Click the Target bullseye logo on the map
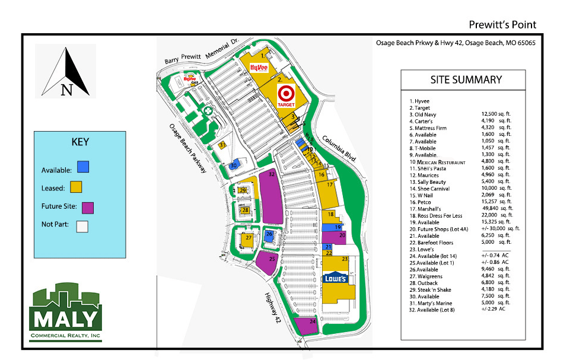coord(286,94)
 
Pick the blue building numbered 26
coord(270,234)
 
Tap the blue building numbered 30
coord(235,165)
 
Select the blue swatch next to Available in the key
coord(83,167)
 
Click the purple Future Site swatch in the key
coord(88,207)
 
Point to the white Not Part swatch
coord(82,226)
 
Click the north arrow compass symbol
coord(66,72)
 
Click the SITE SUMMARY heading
coord(466,80)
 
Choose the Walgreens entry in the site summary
coord(431,276)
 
